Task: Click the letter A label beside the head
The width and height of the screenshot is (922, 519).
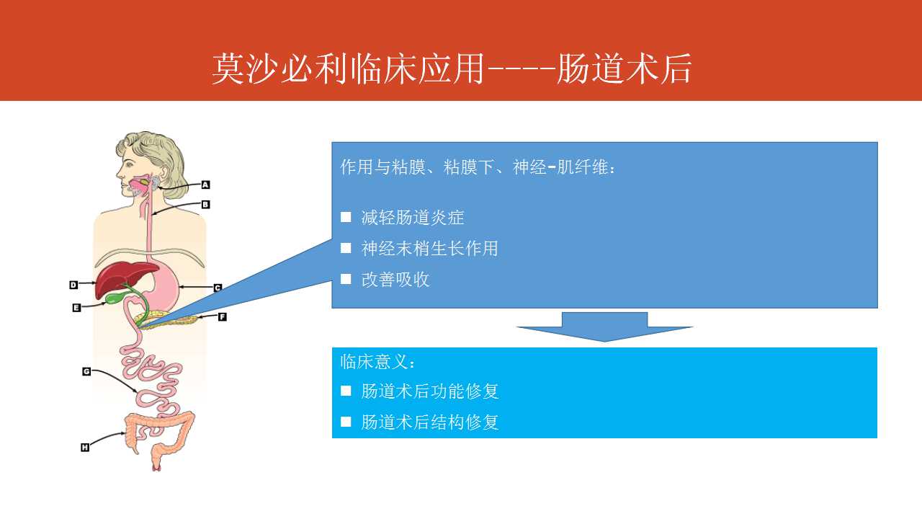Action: click(x=205, y=185)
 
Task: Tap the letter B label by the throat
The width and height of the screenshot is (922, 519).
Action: click(x=205, y=204)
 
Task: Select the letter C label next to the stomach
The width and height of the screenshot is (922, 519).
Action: click(x=218, y=288)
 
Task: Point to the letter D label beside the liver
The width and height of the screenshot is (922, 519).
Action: click(x=73, y=285)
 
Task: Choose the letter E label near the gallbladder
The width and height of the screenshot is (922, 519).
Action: click(x=76, y=308)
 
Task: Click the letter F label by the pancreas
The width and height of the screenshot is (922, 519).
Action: click(x=223, y=316)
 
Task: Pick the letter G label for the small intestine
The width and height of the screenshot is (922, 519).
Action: click(x=86, y=371)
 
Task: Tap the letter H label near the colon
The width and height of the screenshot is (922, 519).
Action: click(x=85, y=448)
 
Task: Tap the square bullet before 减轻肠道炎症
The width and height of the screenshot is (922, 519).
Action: click(x=346, y=217)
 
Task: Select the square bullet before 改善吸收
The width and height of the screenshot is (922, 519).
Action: click(x=346, y=279)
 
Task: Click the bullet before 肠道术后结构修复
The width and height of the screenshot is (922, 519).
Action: click(x=346, y=422)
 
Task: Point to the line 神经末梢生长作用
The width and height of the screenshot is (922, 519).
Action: click(x=430, y=249)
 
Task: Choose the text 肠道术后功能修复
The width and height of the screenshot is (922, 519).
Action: click(x=430, y=391)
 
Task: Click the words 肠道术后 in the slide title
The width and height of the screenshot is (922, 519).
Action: click(x=624, y=68)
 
